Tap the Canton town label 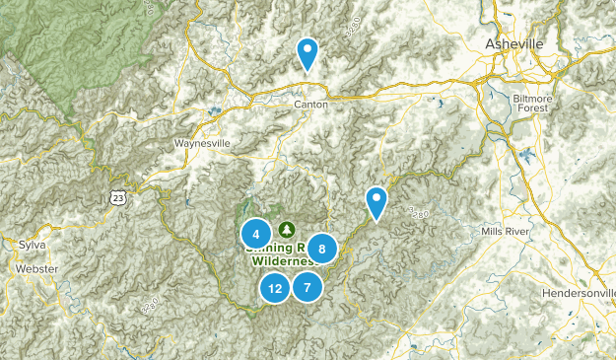pos(309,104)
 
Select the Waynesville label pos(202,142)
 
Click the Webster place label pos(36,268)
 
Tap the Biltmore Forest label pos(534,105)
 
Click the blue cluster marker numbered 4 pos(255,234)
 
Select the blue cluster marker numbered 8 pos(321,249)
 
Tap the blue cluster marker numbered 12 pos(275,288)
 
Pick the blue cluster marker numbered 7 pos(308,288)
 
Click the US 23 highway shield pos(119,197)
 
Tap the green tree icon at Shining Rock pos(287,229)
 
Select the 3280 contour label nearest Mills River pos(418,212)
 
